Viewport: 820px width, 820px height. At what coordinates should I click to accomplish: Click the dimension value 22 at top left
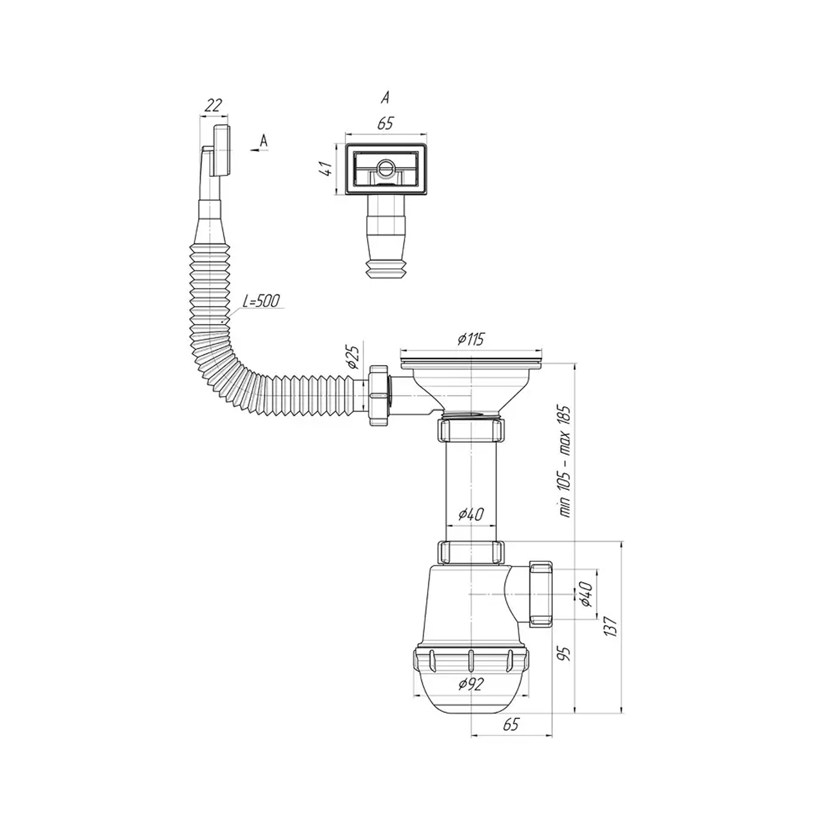[213, 106]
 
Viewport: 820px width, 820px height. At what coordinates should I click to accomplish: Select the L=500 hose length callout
[261, 301]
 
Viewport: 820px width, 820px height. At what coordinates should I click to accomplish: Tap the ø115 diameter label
[471, 339]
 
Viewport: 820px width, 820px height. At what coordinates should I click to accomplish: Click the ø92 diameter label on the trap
[471, 684]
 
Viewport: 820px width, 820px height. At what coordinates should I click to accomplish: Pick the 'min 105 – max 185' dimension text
[565, 461]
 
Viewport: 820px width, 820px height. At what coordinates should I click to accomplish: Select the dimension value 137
[610, 625]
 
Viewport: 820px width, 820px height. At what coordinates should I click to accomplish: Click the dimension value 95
[565, 653]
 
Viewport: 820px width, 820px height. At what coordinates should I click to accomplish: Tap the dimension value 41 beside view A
[326, 168]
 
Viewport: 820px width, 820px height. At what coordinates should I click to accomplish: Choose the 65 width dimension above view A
[385, 124]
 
